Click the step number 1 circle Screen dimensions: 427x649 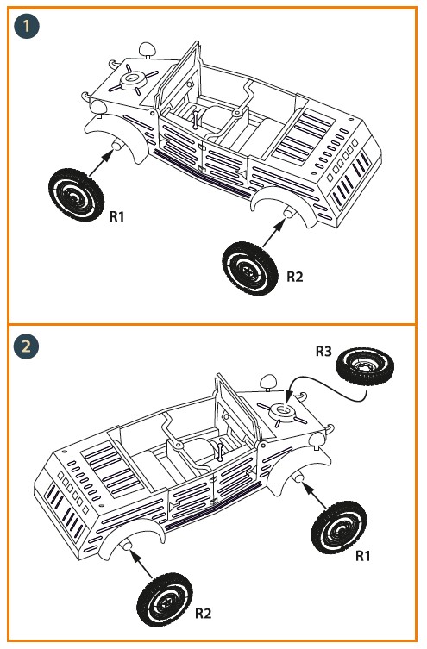tap(26, 26)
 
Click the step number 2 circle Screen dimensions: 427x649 tap(26, 346)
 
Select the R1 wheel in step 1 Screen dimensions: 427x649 tap(76, 194)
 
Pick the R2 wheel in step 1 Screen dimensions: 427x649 tap(250, 269)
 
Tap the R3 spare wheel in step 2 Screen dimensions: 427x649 tap(364, 367)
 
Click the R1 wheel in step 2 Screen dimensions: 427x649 tap(339, 527)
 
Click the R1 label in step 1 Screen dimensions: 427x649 tap(116, 216)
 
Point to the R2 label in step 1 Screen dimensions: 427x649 tap(295, 277)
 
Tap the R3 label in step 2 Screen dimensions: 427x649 tap(323, 352)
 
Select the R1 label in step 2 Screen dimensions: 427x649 tap(363, 556)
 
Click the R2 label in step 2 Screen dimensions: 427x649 tap(203, 613)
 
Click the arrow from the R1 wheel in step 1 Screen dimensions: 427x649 tap(101, 163)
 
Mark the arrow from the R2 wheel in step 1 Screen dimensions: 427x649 tap(274, 234)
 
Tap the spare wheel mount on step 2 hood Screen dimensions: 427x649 tap(283, 412)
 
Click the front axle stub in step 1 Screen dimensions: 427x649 tap(117, 146)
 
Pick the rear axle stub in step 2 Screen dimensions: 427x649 tap(127, 546)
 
